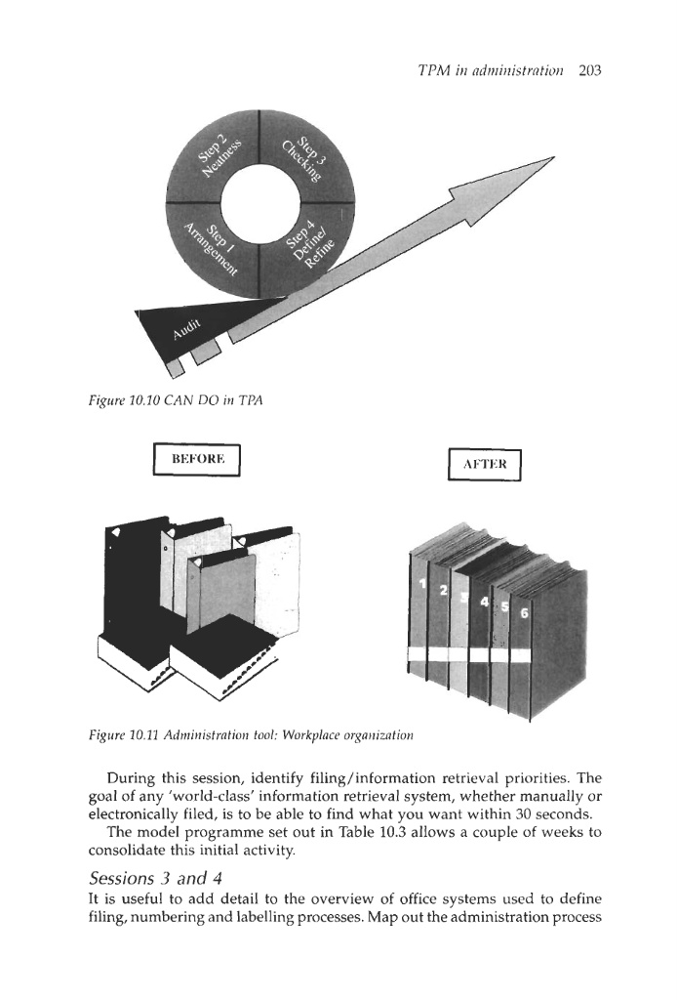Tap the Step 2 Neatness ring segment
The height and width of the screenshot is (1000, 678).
tap(212, 157)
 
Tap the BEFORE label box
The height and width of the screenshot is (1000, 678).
tap(199, 458)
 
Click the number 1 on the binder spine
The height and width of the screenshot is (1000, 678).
tap(422, 584)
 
